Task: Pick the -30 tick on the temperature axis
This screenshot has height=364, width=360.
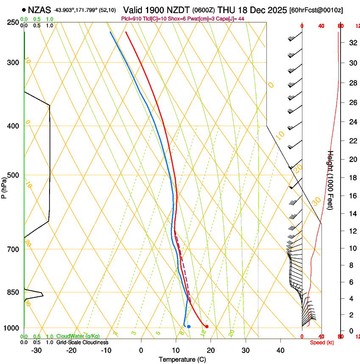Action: pos(36,350)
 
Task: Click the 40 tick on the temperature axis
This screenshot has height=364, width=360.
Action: pos(280,350)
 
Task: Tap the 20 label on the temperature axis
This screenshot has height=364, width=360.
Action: pos(211,350)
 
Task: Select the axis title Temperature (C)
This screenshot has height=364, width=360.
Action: pos(182,359)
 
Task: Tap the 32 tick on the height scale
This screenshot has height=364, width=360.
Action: pos(352,42)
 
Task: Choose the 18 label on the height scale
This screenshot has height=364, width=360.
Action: pos(352,178)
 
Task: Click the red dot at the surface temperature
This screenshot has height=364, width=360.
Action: pos(207,326)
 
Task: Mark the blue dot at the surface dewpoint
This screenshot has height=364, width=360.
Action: pos(188,326)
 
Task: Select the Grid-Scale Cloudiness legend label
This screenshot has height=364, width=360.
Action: pos(82,342)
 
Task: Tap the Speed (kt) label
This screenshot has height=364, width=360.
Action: pos(322,342)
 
